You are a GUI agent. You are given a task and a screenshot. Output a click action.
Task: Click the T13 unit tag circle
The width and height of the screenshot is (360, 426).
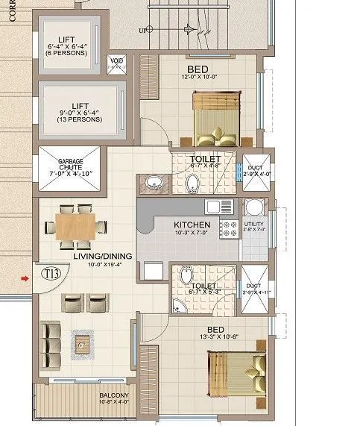(x=51, y=274)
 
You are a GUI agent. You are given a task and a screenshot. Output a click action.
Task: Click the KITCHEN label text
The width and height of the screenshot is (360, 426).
(x=192, y=225)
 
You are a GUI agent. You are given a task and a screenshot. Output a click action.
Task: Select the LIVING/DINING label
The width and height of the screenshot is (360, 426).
(x=102, y=257)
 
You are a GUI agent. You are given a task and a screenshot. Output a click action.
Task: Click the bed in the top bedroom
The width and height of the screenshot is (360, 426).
(x=215, y=117)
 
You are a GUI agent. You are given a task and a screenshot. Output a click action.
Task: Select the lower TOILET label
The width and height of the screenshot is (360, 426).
(x=203, y=286)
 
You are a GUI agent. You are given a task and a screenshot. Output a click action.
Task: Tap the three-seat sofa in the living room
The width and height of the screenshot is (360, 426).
(x=50, y=338)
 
